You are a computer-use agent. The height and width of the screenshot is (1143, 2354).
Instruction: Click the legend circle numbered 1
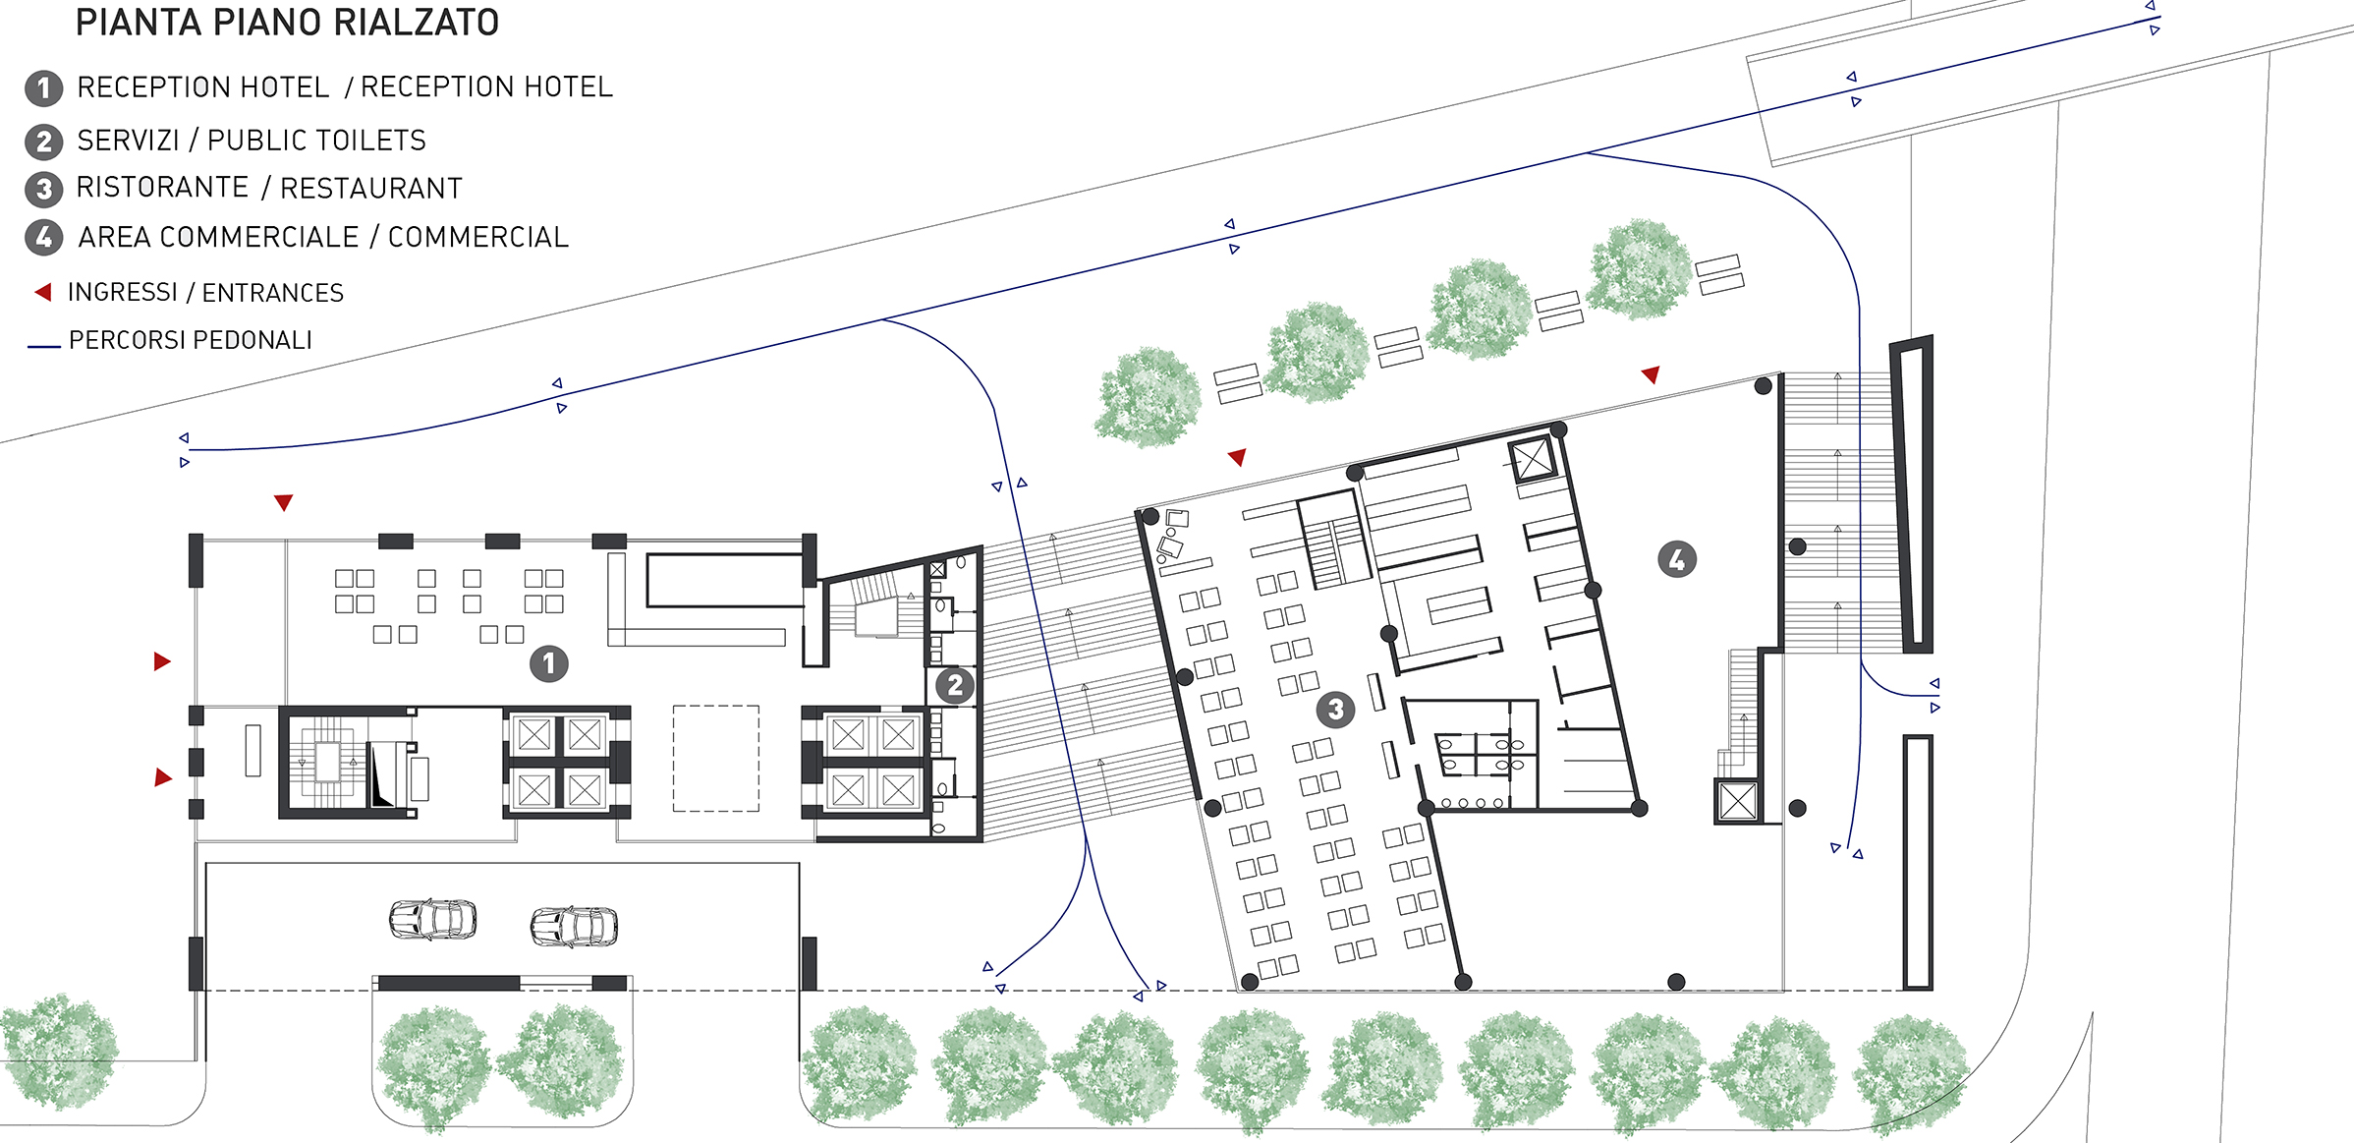point(43,88)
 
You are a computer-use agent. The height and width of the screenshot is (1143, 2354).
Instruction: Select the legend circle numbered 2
point(43,142)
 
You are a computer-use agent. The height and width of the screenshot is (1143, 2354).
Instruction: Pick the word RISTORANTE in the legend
point(162,187)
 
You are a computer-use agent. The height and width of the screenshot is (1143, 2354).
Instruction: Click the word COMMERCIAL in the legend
point(478,237)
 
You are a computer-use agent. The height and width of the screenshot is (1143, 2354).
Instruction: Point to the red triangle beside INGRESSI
point(42,292)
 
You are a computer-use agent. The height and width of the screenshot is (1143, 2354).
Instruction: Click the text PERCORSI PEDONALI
point(191,340)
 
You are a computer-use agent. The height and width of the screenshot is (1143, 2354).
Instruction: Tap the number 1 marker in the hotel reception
point(549,663)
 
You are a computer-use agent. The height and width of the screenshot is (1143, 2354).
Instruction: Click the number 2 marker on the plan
point(955,685)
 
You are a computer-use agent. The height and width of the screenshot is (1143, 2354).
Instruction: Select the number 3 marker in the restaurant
point(1335,709)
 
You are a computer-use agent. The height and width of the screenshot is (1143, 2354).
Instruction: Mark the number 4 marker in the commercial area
point(1677,559)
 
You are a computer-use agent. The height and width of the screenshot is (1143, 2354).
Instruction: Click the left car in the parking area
point(433,919)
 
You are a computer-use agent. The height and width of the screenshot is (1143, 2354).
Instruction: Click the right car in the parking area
point(575,926)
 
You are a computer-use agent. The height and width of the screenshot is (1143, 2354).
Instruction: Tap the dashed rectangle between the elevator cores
point(716,759)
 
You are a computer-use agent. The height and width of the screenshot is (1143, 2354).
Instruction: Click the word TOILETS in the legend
point(365,141)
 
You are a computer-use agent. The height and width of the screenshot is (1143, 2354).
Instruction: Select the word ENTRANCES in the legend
point(273,293)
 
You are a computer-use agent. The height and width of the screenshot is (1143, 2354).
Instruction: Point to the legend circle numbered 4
point(43,237)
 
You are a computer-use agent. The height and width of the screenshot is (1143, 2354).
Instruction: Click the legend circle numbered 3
point(43,189)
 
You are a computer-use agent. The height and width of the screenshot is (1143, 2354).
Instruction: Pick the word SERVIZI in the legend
point(129,141)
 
